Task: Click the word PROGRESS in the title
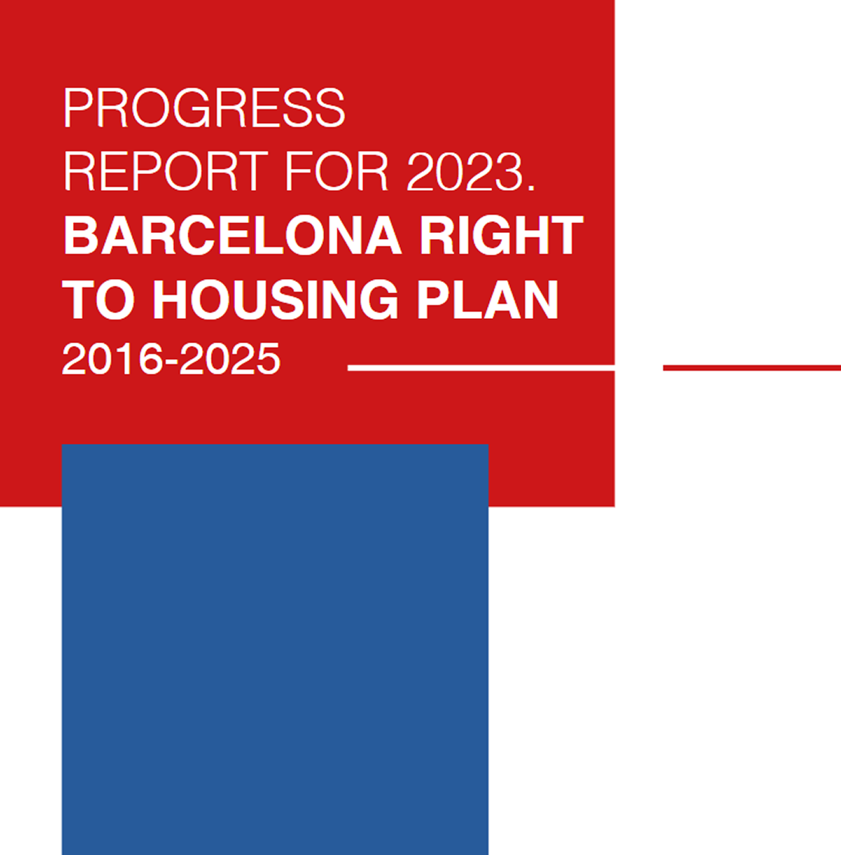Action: pos(204,107)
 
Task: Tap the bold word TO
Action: pos(98,299)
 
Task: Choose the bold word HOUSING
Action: pos(276,299)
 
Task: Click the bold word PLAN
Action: pos(488,299)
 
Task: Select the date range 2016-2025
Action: pos(171,359)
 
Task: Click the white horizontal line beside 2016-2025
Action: pos(482,368)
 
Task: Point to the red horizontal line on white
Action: pos(751,368)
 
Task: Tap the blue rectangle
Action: pos(275,649)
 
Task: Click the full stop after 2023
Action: pos(531,187)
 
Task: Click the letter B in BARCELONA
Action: pos(81,235)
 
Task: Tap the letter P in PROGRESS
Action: pos(78,107)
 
